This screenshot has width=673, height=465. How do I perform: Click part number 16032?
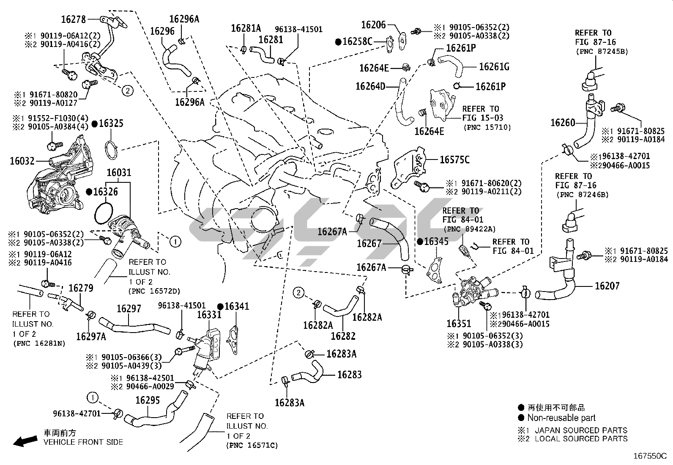[x=22, y=161]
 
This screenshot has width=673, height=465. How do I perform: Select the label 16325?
[x=111, y=124]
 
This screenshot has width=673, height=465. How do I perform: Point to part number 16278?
[x=74, y=19]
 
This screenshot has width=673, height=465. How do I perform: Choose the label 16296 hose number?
[x=162, y=31]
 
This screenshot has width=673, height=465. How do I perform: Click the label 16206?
[x=374, y=25]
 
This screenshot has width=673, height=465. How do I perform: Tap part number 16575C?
[x=454, y=160]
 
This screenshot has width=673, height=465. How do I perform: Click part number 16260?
[x=563, y=123]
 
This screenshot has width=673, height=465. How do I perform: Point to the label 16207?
[x=607, y=286]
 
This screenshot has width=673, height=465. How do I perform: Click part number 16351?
[x=459, y=324]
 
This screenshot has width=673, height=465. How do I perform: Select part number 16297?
[x=129, y=309]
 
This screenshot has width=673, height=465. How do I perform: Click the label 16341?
[x=237, y=306]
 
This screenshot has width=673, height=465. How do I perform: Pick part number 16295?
[x=148, y=400]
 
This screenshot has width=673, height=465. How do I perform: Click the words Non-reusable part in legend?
[x=561, y=418]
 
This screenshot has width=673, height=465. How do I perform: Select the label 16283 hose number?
[x=349, y=374]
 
